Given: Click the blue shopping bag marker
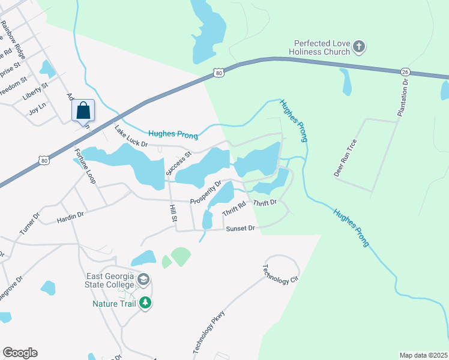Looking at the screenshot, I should click(83, 110).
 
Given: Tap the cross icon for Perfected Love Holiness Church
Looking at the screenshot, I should click(358, 46).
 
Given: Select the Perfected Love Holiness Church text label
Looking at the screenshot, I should click(322, 47).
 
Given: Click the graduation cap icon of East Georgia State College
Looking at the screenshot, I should click(143, 280).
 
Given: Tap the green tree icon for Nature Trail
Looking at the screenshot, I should click(145, 303).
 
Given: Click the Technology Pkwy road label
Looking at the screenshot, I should click(208, 332).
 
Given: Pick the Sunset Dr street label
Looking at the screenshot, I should click(240, 229).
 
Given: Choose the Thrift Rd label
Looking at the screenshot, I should click(234, 209).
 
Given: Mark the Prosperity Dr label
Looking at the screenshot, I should click(206, 192).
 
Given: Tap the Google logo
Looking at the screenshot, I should click(20, 353).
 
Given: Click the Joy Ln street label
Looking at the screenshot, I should click(37, 112).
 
